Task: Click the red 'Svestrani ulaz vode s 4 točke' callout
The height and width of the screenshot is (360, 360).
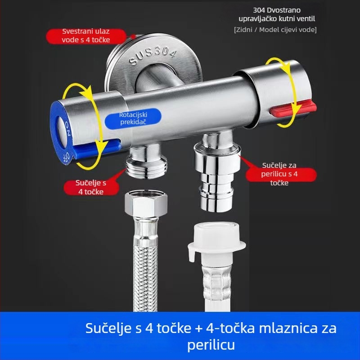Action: [x=85, y=36]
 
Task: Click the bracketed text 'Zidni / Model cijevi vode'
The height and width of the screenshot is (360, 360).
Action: [x=275, y=30]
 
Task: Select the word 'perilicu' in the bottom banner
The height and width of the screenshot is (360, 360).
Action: [x=211, y=345]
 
